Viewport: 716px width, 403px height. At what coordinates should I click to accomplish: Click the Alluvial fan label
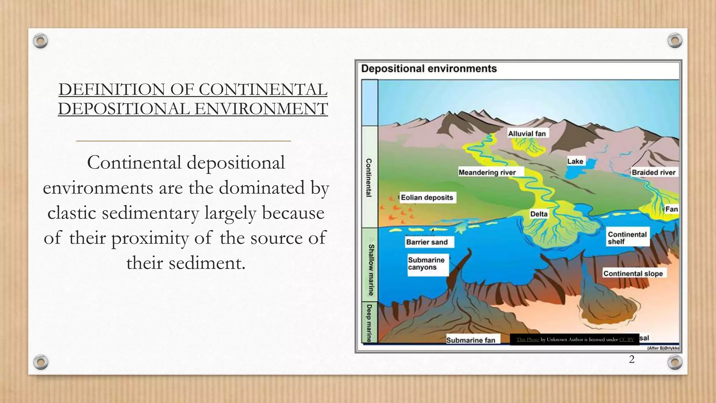527,134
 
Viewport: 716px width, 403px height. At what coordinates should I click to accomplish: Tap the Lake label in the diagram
575,161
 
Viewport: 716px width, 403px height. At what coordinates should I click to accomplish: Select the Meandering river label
487,172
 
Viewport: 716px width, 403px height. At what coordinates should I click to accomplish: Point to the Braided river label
653,172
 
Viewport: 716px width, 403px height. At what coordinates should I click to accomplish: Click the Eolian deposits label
427,198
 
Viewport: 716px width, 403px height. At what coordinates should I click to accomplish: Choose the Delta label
539,214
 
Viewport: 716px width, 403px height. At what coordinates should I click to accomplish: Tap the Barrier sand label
427,242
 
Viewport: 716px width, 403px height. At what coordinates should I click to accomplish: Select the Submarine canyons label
426,264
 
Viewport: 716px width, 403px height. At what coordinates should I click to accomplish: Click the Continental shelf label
627,238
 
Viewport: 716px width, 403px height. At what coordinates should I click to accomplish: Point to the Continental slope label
633,274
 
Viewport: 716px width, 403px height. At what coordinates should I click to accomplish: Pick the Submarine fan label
471,340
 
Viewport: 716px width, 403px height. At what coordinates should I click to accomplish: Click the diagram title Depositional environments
429,69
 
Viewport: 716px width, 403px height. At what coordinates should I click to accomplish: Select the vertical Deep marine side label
369,323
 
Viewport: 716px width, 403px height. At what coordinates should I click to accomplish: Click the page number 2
631,359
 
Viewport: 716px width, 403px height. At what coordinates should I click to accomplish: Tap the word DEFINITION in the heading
112,90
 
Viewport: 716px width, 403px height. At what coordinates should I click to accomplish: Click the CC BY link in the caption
626,339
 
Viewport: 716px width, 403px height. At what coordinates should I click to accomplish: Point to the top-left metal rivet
41,41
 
